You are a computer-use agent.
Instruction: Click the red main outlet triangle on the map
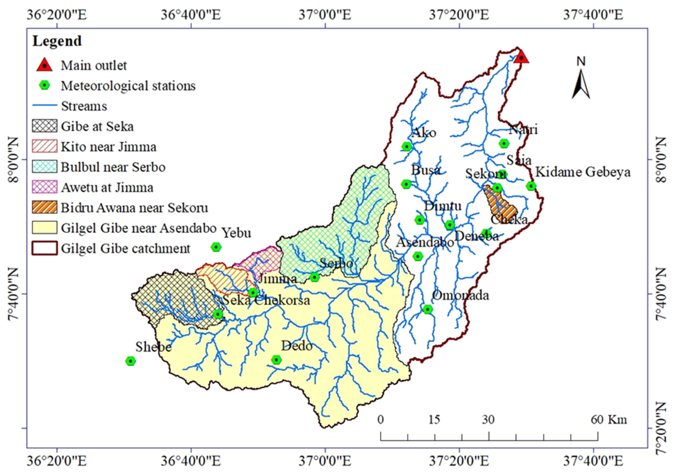coord(521,57)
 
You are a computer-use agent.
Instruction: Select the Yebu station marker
coord(216,247)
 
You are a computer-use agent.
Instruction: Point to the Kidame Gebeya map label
coord(583,172)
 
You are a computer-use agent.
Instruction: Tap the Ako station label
coord(424,133)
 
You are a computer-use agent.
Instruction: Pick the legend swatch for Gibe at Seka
coord(44,126)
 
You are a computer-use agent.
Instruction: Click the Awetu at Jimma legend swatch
coord(44,187)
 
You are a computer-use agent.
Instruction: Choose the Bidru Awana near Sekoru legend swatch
coord(44,207)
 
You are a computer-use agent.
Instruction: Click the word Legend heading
coord(57,41)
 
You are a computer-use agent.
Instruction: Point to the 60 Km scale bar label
coord(609,420)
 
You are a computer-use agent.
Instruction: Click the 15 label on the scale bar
coord(434,420)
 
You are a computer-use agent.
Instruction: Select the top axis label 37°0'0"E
coord(325,14)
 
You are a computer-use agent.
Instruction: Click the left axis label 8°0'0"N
coord(13,160)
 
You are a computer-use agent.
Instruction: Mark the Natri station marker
coord(504,143)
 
